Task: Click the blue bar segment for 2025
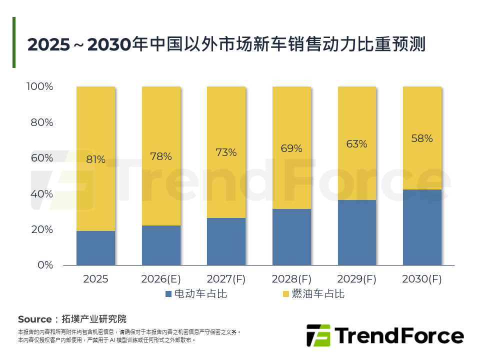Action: tap(95, 247)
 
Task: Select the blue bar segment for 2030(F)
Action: tap(422, 227)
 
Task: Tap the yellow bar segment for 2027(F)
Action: tap(226, 152)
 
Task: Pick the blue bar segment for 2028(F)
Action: tap(291, 236)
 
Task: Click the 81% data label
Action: tap(95, 160)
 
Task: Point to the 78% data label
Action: tap(161, 156)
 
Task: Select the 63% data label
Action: tap(356, 144)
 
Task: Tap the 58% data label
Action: tap(422, 139)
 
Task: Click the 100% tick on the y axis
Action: tap(39, 87)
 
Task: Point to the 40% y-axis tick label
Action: tap(41, 194)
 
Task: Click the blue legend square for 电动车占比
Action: tap(168, 294)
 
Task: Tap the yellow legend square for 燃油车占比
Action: tap(286, 294)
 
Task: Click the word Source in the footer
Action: tap(34, 319)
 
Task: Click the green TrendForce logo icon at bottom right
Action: tap(318, 335)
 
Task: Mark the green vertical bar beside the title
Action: tap(14, 42)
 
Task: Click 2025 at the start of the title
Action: tap(48, 44)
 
